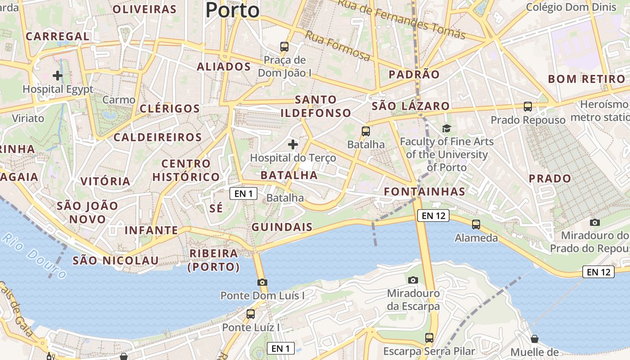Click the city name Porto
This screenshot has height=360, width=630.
point(233,10)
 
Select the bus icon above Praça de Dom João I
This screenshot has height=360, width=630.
point(284,46)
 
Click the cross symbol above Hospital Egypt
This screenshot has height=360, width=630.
point(58,75)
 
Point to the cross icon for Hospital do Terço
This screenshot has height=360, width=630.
point(293,144)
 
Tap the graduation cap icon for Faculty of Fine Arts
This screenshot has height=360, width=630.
point(446,129)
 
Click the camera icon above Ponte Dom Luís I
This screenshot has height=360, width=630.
point(262,283)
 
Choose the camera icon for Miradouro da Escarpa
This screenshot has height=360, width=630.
point(413,280)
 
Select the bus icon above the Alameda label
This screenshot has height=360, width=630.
point(476,224)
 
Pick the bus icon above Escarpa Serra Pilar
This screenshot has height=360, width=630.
point(429,337)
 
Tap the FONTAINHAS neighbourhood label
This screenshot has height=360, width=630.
point(424,192)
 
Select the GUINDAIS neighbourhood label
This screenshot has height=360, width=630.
point(282,227)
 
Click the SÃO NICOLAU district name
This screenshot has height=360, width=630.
point(116,261)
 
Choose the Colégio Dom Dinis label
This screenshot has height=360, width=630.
point(571,7)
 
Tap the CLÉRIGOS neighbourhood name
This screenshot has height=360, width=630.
point(170,108)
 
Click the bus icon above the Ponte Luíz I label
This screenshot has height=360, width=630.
point(251,314)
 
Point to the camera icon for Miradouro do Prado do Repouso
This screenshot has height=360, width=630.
point(595,222)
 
